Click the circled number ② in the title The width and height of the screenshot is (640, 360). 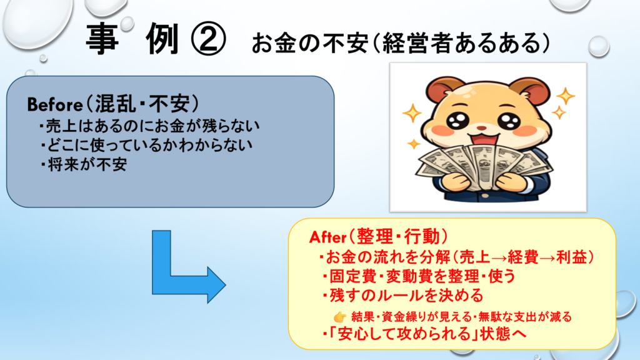(x=208, y=39)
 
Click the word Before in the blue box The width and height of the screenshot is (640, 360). (x=55, y=105)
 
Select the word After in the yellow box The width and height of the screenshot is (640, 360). (x=327, y=237)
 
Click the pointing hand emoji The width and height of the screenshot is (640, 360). (x=339, y=317)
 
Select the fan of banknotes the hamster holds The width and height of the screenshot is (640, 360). (x=484, y=167)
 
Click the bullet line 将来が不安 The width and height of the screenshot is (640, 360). (x=83, y=164)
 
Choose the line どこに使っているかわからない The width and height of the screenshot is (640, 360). (x=146, y=145)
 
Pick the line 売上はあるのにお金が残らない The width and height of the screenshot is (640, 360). (x=149, y=125)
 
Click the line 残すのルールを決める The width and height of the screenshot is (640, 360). (x=402, y=296)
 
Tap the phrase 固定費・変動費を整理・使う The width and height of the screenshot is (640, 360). (x=419, y=276)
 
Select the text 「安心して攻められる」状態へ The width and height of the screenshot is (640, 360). (x=424, y=334)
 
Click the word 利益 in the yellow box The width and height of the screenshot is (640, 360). (x=571, y=257)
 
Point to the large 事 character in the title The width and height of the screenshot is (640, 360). (x=102, y=39)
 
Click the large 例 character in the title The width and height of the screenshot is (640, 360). (x=162, y=39)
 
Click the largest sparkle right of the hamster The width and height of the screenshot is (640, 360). (x=565, y=96)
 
